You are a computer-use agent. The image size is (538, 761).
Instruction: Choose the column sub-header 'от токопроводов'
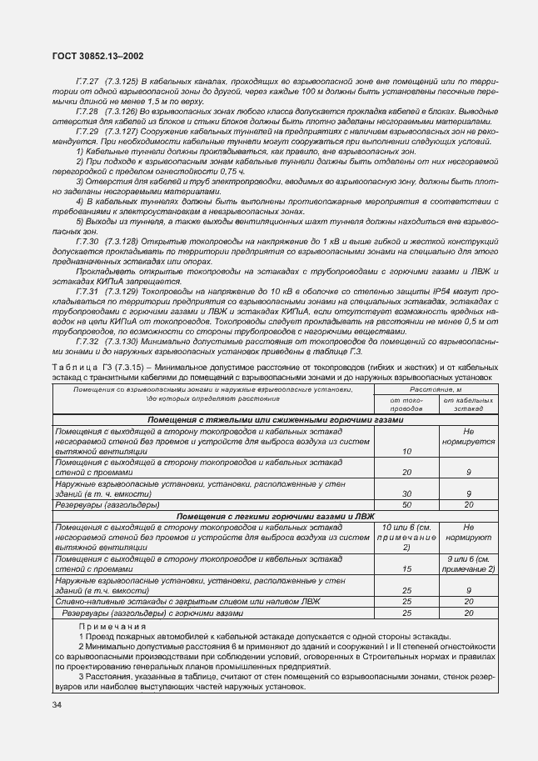point(406,404)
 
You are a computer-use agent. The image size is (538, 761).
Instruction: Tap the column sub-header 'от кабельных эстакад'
point(468,404)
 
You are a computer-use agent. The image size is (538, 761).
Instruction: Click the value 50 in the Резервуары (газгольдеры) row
point(407,505)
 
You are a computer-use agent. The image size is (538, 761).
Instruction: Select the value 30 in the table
point(407,494)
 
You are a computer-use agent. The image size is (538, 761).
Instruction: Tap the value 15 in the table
point(407,568)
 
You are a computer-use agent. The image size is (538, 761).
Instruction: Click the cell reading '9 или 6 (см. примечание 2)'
point(468,563)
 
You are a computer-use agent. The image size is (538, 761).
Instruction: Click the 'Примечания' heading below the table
point(112,625)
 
